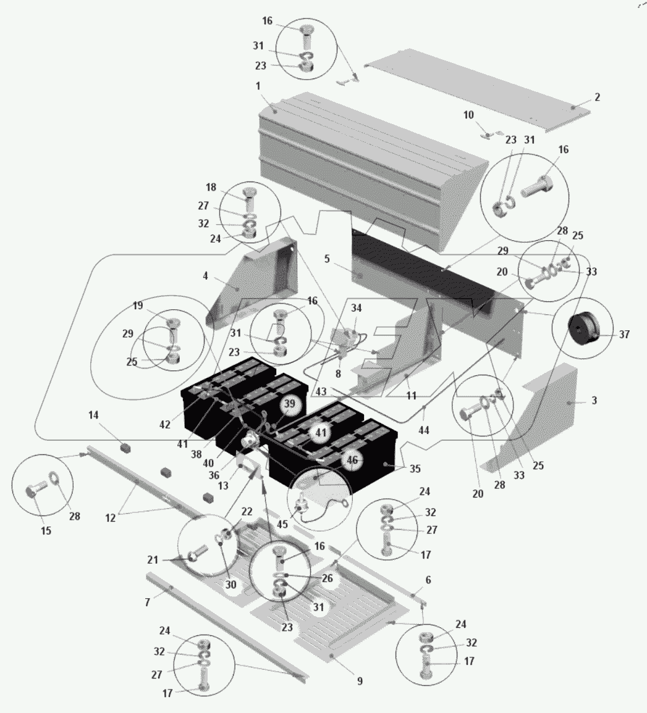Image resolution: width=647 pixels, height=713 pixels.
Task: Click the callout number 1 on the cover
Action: [258, 86]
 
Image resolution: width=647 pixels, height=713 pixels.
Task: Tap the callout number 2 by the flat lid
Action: [597, 97]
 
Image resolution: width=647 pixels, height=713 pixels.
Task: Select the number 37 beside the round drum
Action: [624, 334]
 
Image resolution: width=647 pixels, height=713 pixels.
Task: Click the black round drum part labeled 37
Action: [582, 328]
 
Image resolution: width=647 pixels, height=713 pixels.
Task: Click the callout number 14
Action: [93, 415]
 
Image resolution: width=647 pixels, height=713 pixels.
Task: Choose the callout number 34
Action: [356, 308]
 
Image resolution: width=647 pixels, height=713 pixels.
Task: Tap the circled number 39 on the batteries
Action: [290, 404]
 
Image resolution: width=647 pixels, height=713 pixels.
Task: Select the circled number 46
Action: [352, 460]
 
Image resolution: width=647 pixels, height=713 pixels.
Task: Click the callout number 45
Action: [282, 524]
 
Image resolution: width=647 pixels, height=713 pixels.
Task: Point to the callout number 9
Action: [360, 681]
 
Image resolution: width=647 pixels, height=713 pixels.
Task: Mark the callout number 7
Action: [147, 603]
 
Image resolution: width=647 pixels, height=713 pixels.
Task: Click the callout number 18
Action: [211, 187]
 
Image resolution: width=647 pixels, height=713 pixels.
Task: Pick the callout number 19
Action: [138, 306]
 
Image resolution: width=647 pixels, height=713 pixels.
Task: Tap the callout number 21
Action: [153, 560]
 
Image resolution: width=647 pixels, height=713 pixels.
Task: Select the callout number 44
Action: [423, 430]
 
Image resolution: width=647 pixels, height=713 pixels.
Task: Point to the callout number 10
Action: [468, 115]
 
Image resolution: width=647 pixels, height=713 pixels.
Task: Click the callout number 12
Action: [110, 517]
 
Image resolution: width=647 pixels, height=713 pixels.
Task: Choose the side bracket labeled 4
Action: [252, 286]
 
